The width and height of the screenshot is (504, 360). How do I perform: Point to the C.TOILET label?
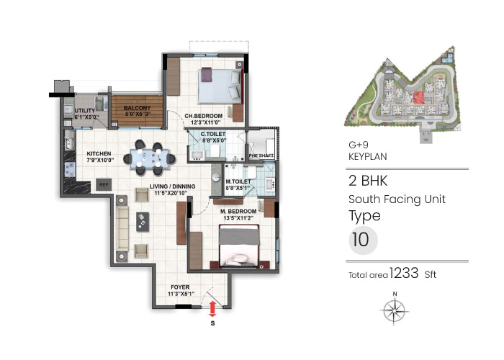tap(213, 135)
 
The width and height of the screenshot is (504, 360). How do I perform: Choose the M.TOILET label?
tap(237, 181)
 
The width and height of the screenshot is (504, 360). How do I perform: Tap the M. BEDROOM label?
tap(238, 211)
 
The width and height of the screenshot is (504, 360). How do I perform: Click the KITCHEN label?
tap(98, 153)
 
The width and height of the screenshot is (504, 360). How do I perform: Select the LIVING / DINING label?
tap(168, 189)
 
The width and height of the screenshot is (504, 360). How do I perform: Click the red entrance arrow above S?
tap(212, 308)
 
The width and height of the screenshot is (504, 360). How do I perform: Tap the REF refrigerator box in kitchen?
tap(103, 185)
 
